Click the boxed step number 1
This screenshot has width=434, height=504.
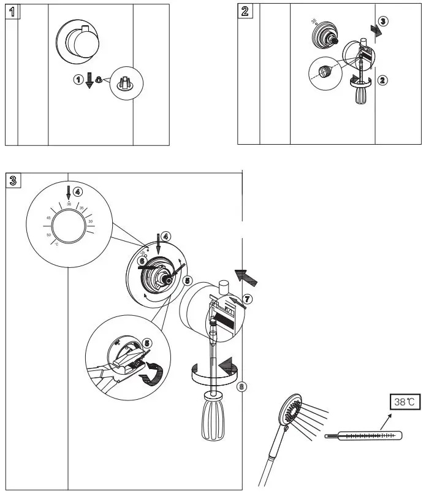click(12, 12)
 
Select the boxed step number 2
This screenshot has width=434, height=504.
click(245, 12)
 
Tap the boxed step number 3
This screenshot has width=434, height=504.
click(14, 180)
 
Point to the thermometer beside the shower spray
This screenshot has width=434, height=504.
click(364, 436)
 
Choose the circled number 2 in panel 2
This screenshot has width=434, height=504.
click(382, 80)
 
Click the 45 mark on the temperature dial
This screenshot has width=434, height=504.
click(48, 218)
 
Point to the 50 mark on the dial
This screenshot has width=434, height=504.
click(48, 234)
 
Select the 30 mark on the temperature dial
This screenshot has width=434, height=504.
click(90, 221)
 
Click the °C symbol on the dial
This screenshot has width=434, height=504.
click(56, 244)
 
